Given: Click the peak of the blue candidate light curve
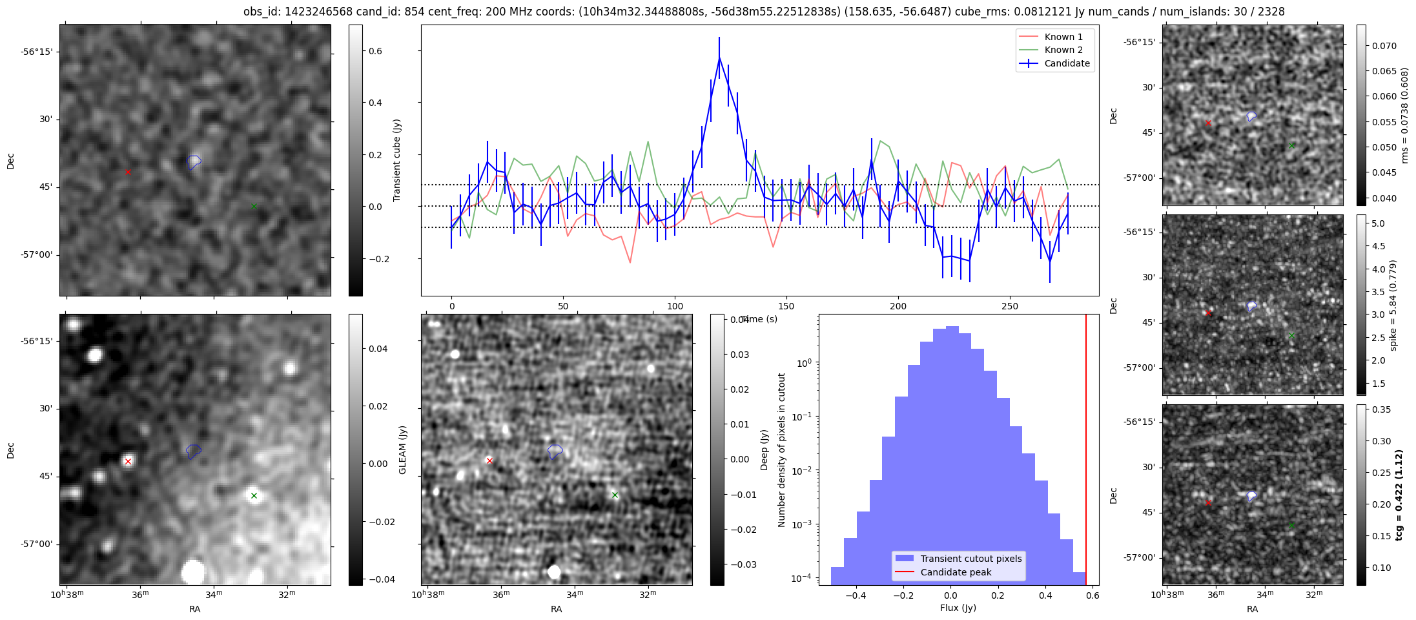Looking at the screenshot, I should (x=719, y=58).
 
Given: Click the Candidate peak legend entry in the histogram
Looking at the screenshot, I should (x=956, y=572).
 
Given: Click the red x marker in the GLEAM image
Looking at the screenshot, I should (x=128, y=461).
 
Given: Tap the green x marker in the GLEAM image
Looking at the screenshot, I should (x=254, y=496).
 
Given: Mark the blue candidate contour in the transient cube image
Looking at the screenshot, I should (x=194, y=161).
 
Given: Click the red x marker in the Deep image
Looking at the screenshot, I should (x=489, y=460).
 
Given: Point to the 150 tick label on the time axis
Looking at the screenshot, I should (x=786, y=306).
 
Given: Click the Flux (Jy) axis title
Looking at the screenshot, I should (x=958, y=608).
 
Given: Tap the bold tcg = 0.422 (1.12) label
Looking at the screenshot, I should (x=1399, y=495).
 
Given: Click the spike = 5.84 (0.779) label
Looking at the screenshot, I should (x=1393, y=305).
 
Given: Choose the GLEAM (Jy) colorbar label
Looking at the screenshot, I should (x=403, y=449).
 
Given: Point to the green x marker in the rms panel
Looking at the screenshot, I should (x=1291, y=145).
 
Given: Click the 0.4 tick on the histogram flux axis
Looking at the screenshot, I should (x=1045, y=595).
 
